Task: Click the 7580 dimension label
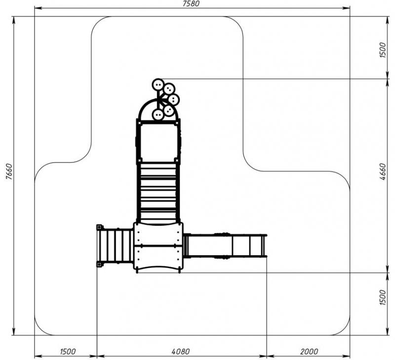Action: click(191, 4)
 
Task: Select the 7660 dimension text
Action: click(9, 171)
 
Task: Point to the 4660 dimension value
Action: click(382, 171)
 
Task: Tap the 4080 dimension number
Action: click(181, 351)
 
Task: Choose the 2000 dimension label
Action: click(309, 351)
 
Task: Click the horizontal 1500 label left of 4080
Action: click(68, 351)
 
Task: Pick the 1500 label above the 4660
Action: click(382, 50)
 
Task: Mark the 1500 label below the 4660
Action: click(382, 297)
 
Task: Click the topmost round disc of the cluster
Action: click(158, 84)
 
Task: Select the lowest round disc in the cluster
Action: click(158, 115)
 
